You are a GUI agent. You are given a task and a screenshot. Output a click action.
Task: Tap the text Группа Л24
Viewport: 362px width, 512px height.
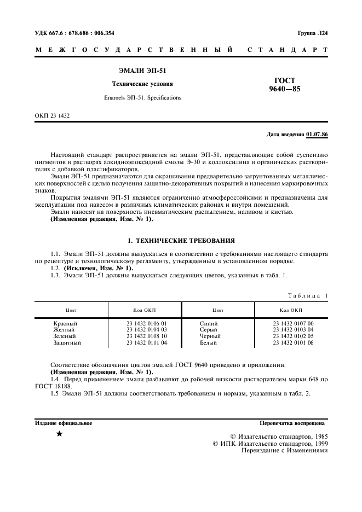[x=313, y=33]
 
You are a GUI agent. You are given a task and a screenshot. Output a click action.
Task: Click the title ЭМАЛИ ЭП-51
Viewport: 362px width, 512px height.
[x=142, y=71]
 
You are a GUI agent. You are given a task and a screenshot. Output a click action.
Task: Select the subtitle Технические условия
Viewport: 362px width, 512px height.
[x=142, y=84]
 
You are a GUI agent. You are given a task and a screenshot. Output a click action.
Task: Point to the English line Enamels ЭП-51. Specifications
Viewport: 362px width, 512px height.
[x=142, y=98]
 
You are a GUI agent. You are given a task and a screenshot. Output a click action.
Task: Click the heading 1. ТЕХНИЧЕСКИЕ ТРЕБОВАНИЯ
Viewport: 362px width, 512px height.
[x=181, y=240]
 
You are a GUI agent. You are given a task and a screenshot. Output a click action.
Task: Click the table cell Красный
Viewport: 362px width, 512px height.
[x=65, y=323]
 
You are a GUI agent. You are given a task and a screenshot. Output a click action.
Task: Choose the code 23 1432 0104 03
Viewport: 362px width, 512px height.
[x=146, y=330]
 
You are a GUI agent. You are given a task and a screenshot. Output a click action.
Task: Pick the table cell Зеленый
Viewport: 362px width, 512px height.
[x=65, y=336]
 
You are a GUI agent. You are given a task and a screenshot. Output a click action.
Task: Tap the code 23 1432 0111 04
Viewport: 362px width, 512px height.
[x=146, y=343]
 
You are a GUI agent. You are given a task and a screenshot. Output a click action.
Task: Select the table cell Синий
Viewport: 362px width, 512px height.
[x=209, y=323]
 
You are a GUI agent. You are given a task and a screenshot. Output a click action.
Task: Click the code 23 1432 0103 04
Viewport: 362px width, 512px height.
[x=293, y=330]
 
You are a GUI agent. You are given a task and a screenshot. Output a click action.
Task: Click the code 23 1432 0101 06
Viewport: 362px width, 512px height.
[x=293, y=343]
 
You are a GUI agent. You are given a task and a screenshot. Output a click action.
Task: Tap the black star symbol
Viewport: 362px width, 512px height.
[x=59, y=434]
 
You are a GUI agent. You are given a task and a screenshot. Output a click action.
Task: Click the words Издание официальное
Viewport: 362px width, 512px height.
[x=64, y=423]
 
